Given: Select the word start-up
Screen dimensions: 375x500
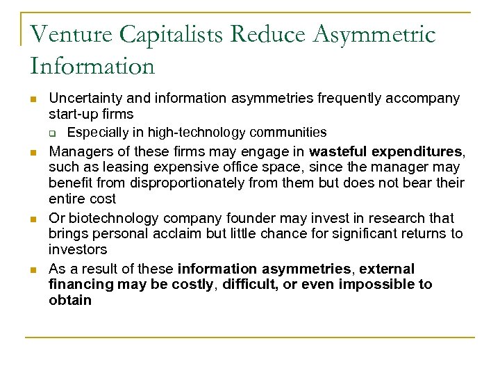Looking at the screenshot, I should click(74, 113).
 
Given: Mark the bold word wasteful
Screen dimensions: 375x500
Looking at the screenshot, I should click(338, 151).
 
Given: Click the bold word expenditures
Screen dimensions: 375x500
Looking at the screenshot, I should click(417, 151).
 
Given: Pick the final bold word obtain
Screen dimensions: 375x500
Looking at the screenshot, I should click(69, 300).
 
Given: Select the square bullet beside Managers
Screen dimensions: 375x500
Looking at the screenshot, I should click(33, 152).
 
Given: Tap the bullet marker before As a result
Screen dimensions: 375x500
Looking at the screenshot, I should click(33, 269).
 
